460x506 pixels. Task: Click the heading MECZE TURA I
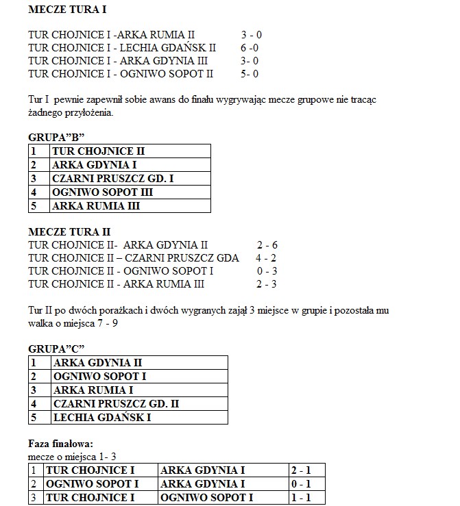[67, 11]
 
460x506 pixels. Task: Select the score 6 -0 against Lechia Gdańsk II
[250, 47]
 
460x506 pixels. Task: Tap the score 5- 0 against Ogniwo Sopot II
[250, 73]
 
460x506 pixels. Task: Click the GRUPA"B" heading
[56, 137]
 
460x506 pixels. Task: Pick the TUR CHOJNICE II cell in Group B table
[99, 151]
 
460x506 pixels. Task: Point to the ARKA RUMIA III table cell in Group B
[97, 205]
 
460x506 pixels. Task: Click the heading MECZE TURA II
[69, 231]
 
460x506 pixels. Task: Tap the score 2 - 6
[267, 244]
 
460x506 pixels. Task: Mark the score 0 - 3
[266, 270]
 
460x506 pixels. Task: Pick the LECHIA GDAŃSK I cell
[102, 417]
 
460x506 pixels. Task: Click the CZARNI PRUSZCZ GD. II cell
[116, 404]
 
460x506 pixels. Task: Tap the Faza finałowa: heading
[60, 444]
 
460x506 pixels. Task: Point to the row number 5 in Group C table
[33, 417]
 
